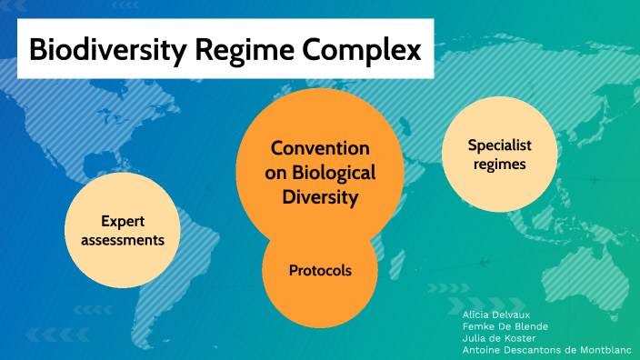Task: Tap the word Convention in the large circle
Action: tap(320, 148)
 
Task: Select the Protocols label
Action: tap(320, 270)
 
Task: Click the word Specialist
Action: tap(499, 145)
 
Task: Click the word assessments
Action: tap(123, 240)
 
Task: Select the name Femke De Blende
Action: tap(505, 325)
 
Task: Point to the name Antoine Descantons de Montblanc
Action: tap(546, 349)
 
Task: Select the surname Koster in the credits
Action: tap(518, 337)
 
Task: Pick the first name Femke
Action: tap(476, 325)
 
